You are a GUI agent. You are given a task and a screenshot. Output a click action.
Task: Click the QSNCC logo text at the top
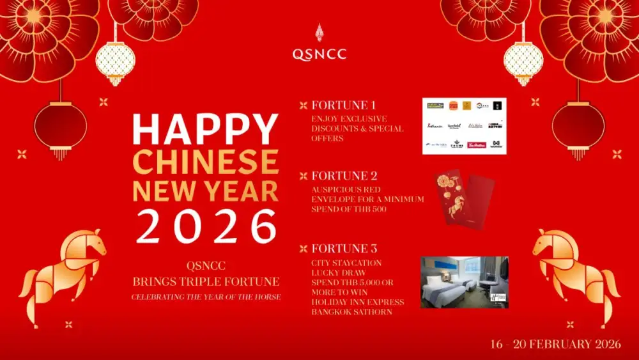[319, 54]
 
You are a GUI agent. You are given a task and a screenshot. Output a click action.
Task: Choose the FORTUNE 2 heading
[344, 176]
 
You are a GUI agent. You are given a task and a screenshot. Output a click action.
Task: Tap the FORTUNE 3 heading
[344, 249]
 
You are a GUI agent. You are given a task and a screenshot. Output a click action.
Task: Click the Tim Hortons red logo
[477, 145]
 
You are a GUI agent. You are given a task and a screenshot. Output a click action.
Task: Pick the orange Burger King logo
[454, 106]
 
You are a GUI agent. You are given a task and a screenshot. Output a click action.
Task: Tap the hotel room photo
[465, 282]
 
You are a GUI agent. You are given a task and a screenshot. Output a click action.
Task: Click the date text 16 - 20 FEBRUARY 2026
[555, 344]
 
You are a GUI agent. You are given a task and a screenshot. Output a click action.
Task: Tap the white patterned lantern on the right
[523, 63]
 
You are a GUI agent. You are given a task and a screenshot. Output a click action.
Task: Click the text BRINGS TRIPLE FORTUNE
[206, 281]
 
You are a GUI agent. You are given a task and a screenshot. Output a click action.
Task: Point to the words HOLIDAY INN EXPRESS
[358, 302]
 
